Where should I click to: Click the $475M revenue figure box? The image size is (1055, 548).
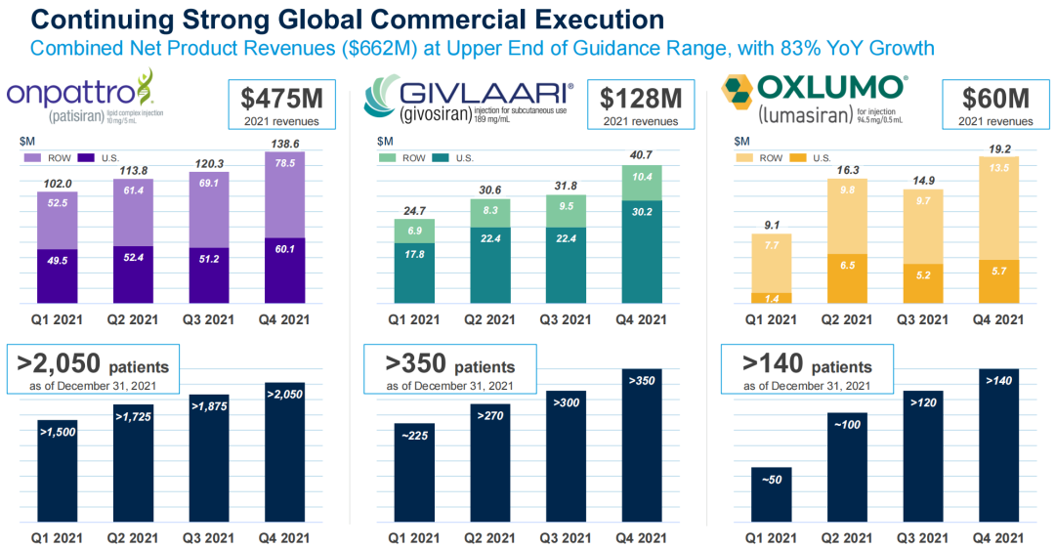click(x=281, y=105)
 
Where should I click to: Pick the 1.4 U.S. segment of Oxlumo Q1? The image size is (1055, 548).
click(x=772, y=297)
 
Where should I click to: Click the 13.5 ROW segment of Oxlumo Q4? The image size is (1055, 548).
click(x=998, y=208)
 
